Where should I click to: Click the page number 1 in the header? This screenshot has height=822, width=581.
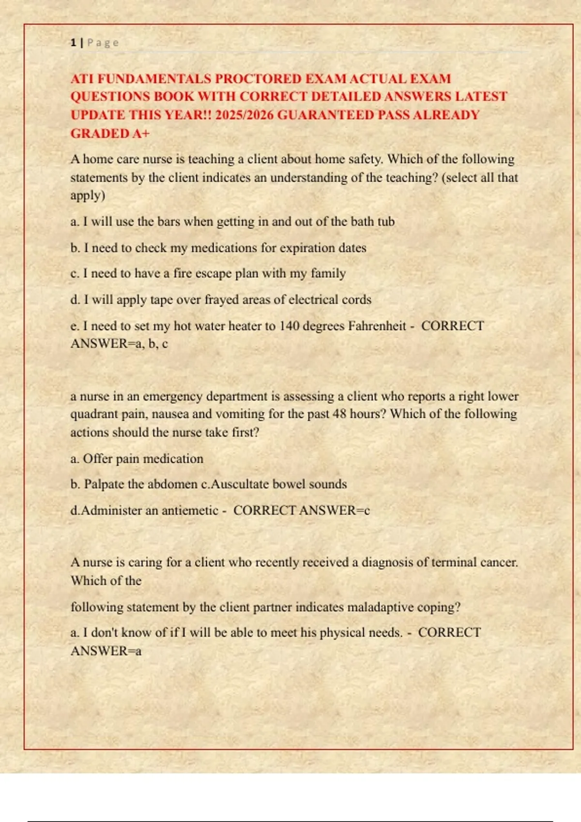point(73,43)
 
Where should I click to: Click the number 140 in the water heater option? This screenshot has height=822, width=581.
point(290,326)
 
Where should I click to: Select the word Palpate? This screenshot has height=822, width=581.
point(104,484)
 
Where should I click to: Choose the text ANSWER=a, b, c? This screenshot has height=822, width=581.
point(119,344)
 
